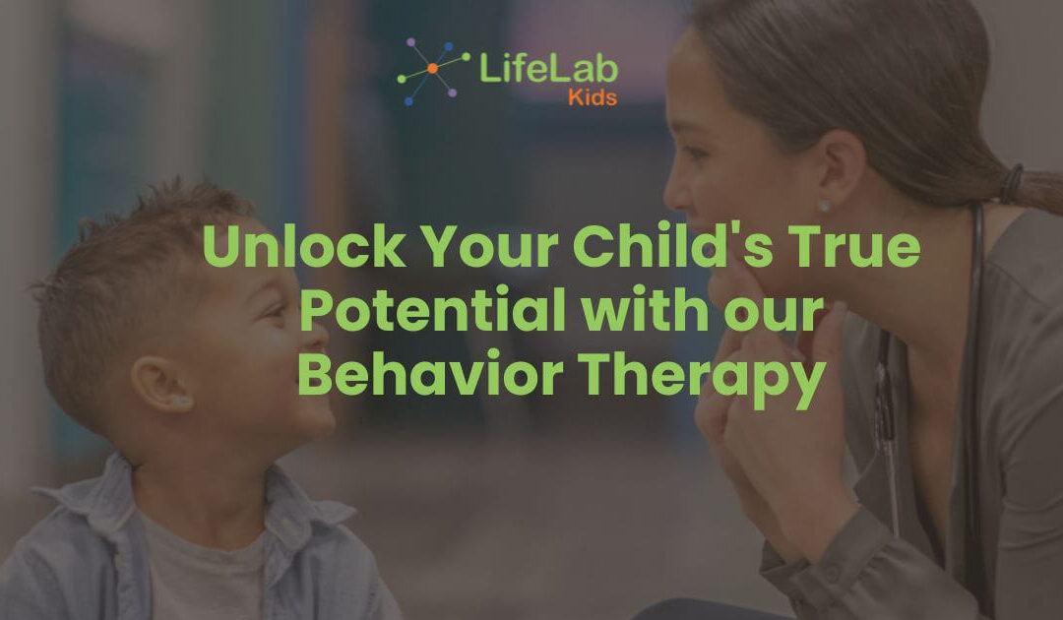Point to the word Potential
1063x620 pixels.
click(432, 311)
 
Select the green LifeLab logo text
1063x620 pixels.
click(547, 69)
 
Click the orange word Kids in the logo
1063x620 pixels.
click(593, 97)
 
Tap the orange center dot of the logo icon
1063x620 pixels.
click(432, 68)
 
